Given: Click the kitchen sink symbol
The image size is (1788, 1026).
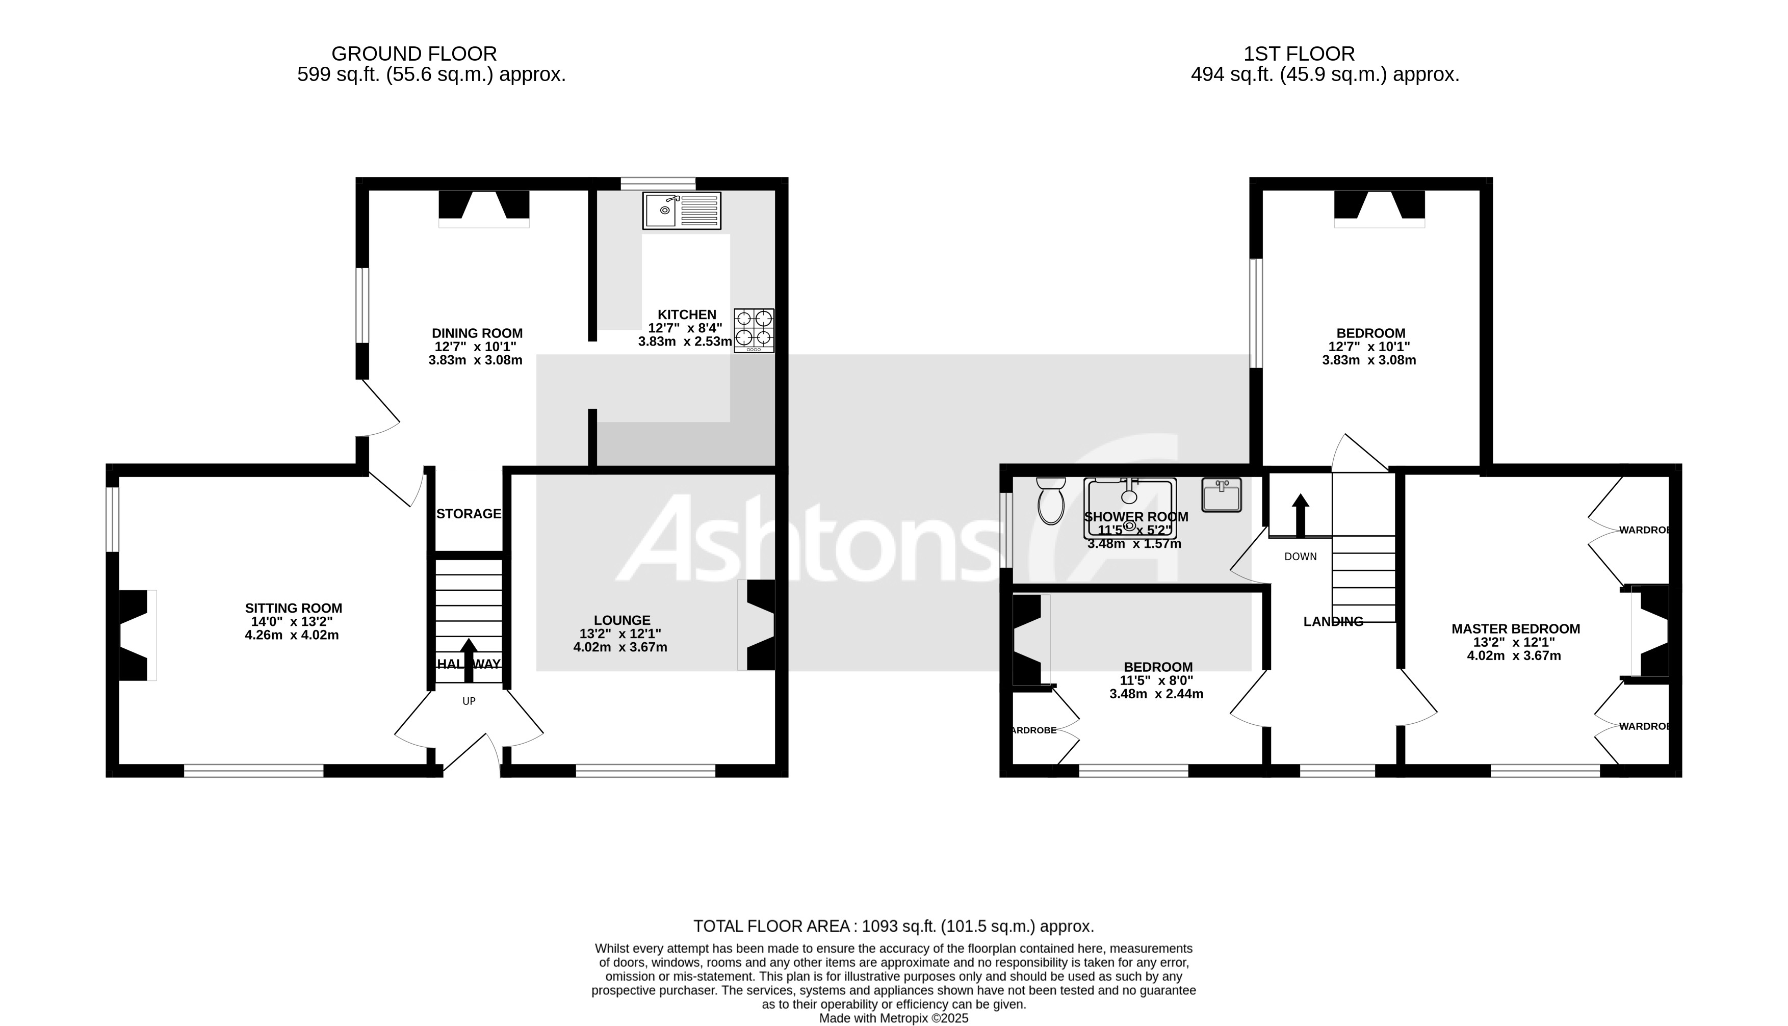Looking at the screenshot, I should (x=682, y=210).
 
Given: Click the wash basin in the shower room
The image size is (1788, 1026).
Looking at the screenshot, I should (x=1222, y=495).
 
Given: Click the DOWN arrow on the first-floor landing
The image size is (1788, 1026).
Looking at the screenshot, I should (x=1300, y=514).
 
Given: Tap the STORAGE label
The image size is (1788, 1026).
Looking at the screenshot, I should (x=469, y=514).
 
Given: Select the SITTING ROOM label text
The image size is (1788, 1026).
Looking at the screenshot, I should (x=293, y=608).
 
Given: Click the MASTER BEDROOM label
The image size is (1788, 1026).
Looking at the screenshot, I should (x=1515, y=628).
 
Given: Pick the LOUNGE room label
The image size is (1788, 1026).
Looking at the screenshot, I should (x=621, y=620).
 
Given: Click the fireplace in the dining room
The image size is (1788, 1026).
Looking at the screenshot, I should (x=484, y=208).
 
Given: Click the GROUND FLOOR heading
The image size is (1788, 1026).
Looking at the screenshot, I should (x=413, y=54).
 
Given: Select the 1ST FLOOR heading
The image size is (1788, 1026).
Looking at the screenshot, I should (x=1298, y=54).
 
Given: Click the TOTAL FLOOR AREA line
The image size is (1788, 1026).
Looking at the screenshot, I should (x=893, y=926).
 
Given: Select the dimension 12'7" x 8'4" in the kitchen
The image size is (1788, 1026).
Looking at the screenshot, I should (x=685, y=328).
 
